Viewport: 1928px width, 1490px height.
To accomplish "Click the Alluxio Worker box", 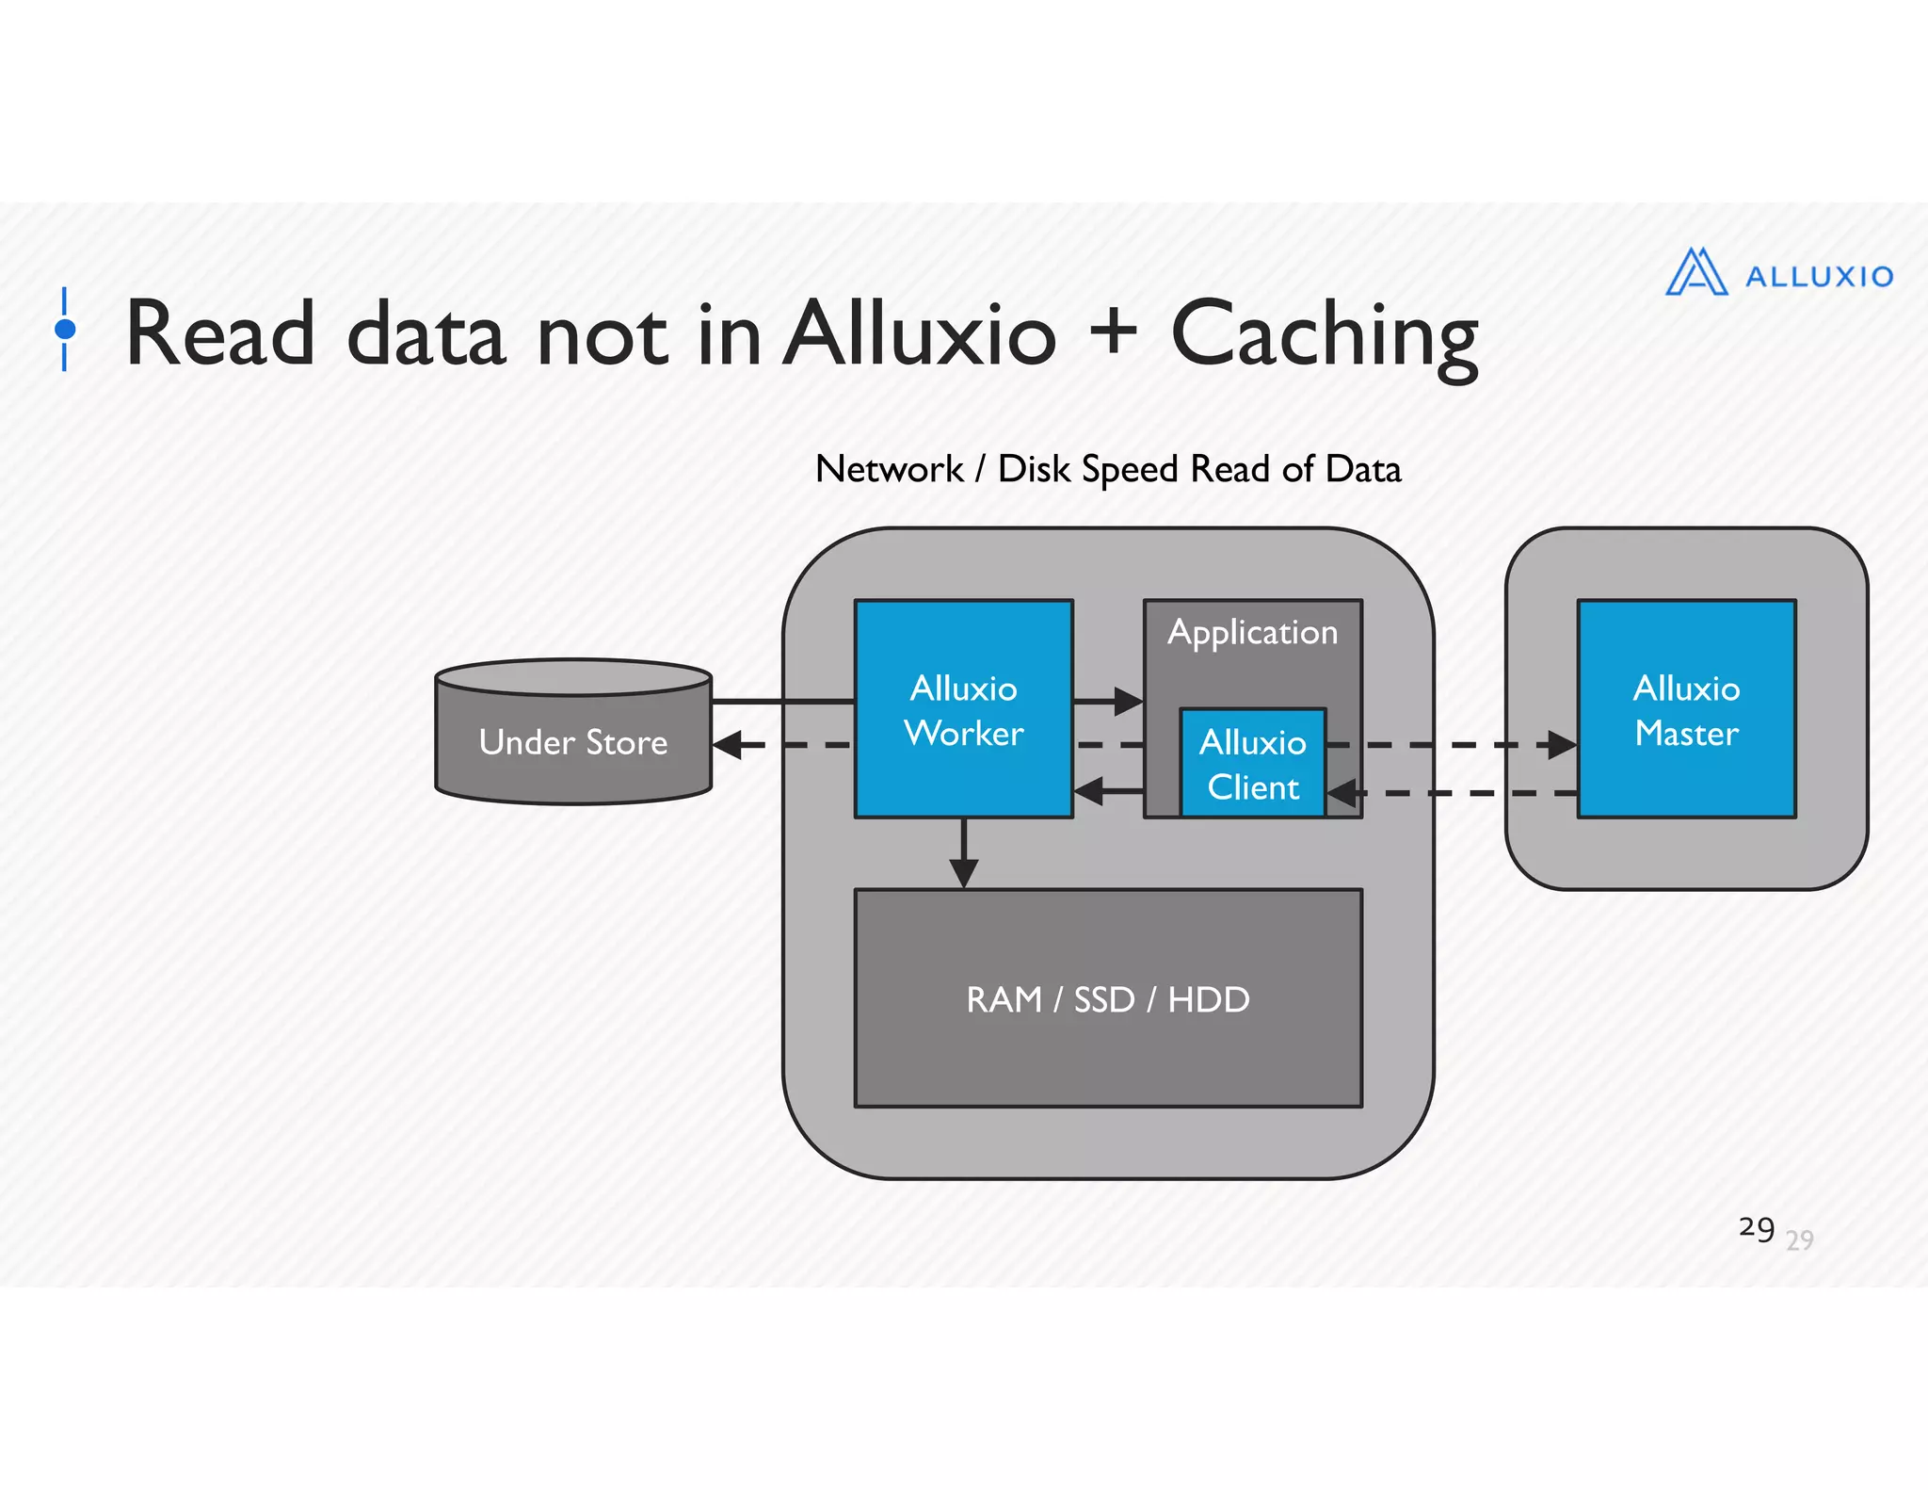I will click(x=963, y=709).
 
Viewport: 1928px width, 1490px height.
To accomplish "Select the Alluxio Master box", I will click(x=1686, y=709).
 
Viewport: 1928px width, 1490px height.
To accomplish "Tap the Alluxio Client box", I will click(x=1252, y=764).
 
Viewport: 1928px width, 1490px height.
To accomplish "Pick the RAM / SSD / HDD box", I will click(x=1107, y=998).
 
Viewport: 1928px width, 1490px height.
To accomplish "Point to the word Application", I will click(x=1252, y=632).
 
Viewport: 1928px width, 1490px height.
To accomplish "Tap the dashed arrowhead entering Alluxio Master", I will click(x=1562, y=745).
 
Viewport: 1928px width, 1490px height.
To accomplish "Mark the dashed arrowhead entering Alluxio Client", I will click(x=1342, y=793).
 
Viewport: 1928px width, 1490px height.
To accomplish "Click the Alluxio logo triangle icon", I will click(x=1695, y=273).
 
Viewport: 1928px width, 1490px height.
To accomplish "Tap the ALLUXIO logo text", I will click(x=1819, y=277).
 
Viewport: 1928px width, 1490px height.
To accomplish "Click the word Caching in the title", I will click(x=1324, y=337).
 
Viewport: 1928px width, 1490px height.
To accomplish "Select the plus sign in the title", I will click(x=1114, y=332).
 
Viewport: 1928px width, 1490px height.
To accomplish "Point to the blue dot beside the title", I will click(x=65, y=329).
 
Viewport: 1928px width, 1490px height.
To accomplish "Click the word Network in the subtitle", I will click(x=889, y=469).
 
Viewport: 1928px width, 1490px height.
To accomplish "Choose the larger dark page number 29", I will click(x=1756, y=1228).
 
